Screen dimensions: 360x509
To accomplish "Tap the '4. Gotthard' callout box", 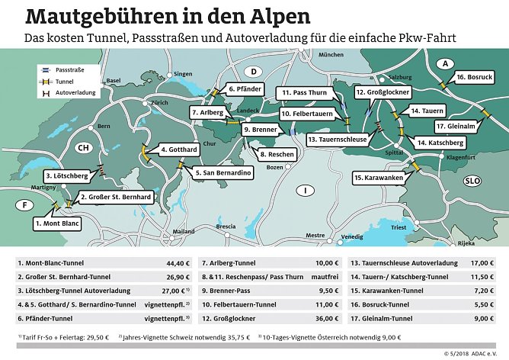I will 180,150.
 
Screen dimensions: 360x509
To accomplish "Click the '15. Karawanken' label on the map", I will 378,178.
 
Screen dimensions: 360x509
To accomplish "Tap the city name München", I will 331,55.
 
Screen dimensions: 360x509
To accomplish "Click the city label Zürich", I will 159,102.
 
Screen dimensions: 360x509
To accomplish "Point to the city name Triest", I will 399,227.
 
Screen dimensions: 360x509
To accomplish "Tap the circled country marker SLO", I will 472,180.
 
